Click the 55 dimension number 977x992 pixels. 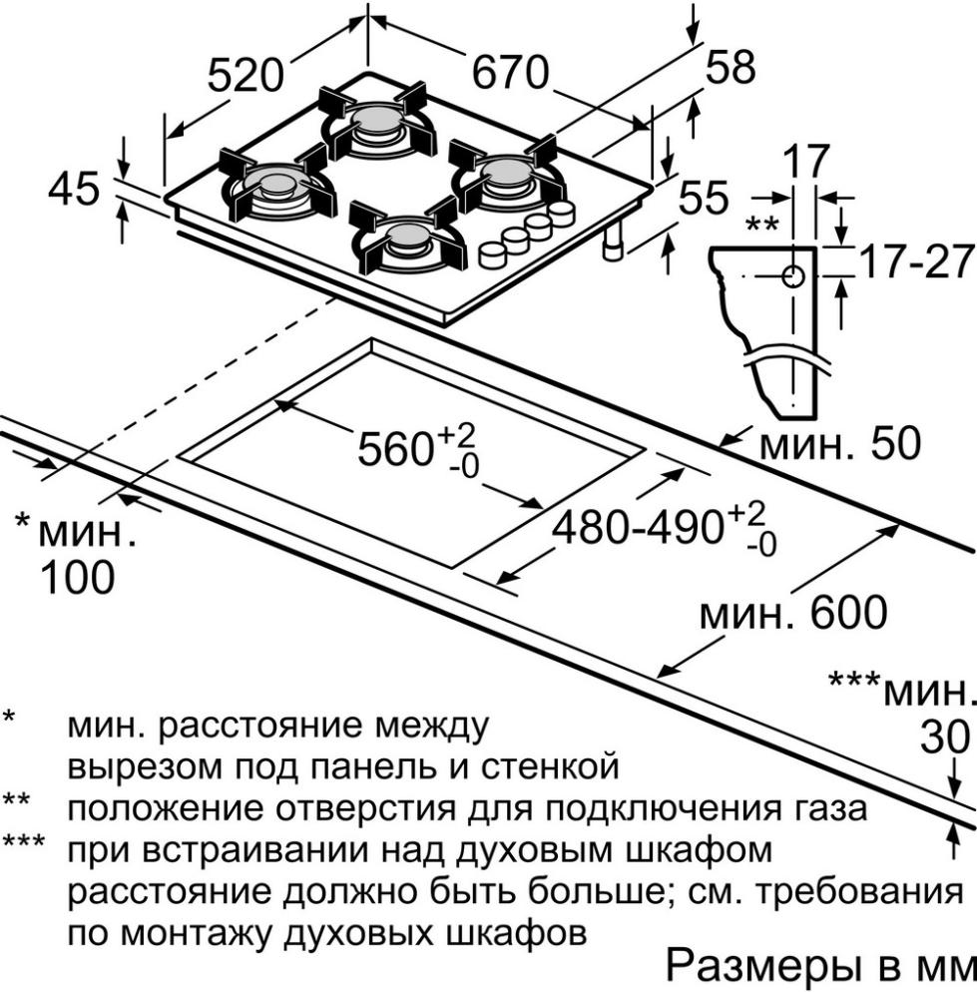coord(704,199)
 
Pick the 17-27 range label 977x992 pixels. coord(916,262)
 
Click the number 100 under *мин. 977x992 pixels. coord(75,578)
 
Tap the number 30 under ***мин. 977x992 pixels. coord(944,738)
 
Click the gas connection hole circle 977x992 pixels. coord(793,276)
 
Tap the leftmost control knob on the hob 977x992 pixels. coord(492,253)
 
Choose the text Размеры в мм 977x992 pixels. coord(817,965)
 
